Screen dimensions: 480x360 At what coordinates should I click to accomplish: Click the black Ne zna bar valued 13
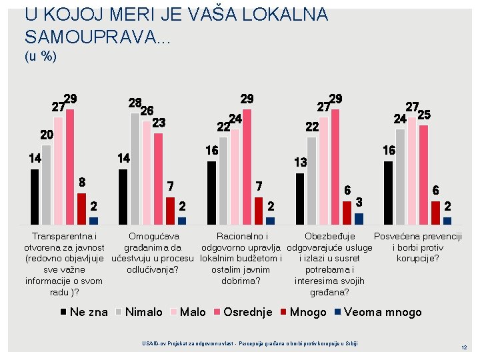pos(300,199)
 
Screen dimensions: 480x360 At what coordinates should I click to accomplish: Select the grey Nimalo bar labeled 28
pos(135,169)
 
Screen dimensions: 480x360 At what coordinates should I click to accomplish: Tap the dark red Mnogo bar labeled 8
pos(82,209)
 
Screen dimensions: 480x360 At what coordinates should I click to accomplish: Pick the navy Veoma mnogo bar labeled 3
pos(359,219)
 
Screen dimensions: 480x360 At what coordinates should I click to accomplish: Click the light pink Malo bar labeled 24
pos(235,177)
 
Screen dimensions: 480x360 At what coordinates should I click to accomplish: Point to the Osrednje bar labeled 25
pos(424,175)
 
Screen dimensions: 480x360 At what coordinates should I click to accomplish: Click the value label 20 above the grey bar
pos(47,135)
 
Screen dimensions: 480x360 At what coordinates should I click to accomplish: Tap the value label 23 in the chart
pos(159,123)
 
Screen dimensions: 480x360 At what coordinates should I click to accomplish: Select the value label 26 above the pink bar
pos(147,111)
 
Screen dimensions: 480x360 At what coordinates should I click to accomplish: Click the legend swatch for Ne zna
pos(63,312)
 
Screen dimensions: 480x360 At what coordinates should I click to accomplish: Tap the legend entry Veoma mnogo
pos(378,312)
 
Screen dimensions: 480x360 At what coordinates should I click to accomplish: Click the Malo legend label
pos(193,312)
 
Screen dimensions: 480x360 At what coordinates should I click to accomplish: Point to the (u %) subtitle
pos(41,56)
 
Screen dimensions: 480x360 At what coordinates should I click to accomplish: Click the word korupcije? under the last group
pos(418,259)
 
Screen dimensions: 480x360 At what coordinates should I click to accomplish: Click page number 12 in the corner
pos(464,347)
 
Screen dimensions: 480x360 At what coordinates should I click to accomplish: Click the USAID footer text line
pos(250,343)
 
